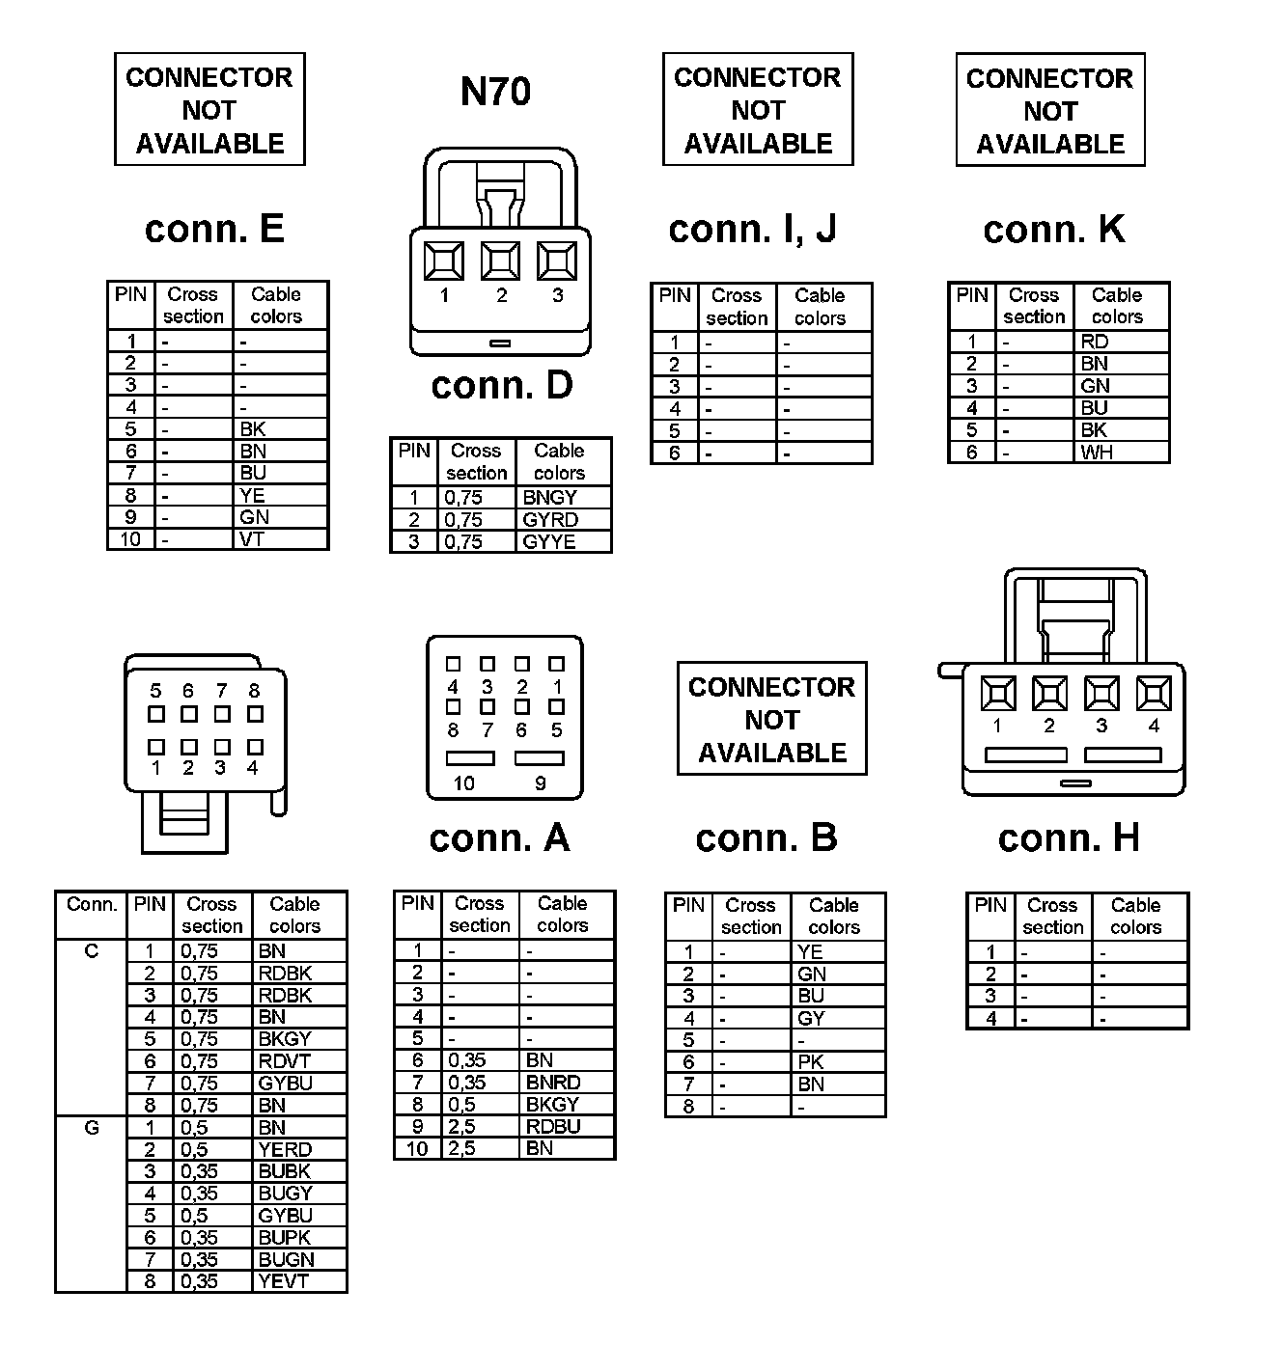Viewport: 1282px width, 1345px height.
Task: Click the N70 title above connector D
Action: [x=495, y=92]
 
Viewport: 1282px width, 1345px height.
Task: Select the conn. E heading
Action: [x=214, y=229]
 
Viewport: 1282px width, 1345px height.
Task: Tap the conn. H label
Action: [x=1069, y=837]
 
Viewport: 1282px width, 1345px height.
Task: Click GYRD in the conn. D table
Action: [x=550, y=520]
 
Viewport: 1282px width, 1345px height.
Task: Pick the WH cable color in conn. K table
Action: [x=1097, y=453]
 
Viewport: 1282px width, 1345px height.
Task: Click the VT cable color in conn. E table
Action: [x=252, y=539]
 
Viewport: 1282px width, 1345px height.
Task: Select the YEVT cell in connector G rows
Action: [x=283, y=1281]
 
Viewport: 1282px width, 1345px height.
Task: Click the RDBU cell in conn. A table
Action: [x=553, y=1126]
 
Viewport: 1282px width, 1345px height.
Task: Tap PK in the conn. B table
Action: [x=811, y=1062]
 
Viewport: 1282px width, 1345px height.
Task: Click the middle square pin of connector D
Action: [x=500, y=261]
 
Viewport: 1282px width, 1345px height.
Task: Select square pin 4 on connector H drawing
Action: [x=1153, y=693]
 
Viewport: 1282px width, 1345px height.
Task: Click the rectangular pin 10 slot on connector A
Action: [x=470, y=758]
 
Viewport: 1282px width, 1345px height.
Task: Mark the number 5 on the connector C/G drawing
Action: [x=156, y=691]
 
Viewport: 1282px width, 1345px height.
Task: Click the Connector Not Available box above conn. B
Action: [x=772, y=719]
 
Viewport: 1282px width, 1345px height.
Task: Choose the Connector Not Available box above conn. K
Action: [x=1050, y=110]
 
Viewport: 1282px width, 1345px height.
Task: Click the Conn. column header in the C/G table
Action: [x=92, y=905]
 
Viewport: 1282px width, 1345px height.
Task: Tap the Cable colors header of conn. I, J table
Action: [x=820, y=307]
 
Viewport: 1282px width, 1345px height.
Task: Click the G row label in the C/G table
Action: [x=92, y=1127]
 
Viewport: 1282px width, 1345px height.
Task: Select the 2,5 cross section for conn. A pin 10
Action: [x=461, y=1148]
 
